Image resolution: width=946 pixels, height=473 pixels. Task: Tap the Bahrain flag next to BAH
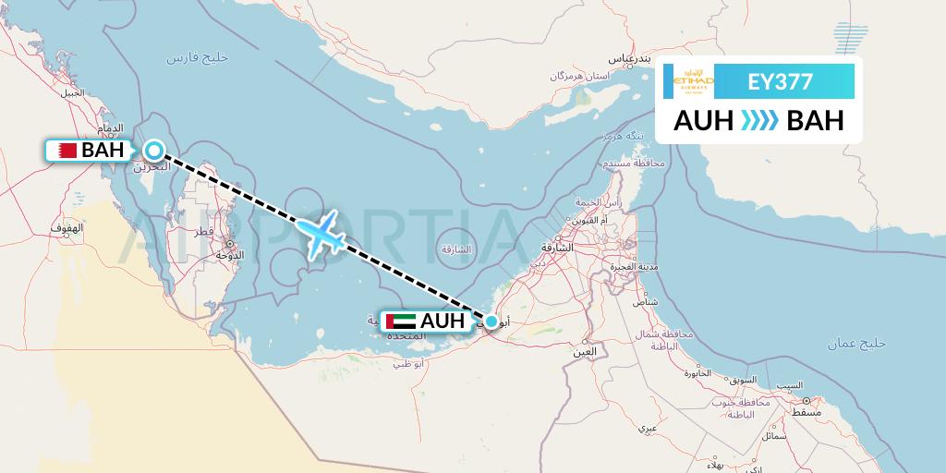65,150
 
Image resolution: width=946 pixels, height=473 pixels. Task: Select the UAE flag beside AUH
402,321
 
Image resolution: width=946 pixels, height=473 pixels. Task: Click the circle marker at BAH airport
153,150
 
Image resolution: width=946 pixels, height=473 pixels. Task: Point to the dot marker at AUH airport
491,321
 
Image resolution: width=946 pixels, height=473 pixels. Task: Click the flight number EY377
781,81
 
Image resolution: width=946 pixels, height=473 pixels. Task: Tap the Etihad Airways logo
695,81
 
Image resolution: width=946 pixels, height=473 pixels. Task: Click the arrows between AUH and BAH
759,120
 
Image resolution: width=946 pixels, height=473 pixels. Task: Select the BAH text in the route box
815,120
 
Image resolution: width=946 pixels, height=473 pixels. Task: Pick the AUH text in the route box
704,120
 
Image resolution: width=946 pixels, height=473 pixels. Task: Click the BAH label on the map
103,150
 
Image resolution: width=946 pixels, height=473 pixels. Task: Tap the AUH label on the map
443,321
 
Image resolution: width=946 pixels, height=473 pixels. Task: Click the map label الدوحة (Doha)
228,254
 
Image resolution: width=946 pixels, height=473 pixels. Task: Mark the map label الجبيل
72,93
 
